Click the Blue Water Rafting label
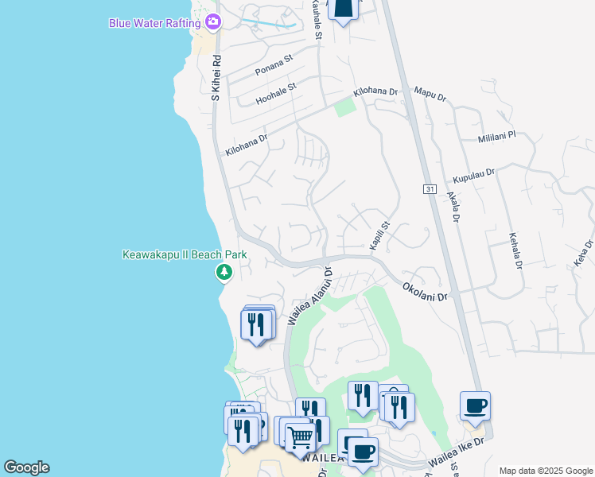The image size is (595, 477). point(154,22)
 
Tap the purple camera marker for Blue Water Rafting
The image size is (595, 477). point(212,21)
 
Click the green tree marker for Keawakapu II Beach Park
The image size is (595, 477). point(224,273)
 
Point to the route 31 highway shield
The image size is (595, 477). point(430,188)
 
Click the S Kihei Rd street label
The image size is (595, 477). point(215,77)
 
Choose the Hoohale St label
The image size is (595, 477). point(276,93)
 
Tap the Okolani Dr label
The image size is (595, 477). point(426,291)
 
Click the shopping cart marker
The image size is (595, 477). point(300,436)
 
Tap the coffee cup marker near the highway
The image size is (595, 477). point(475,406)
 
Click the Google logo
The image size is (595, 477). point(26,467)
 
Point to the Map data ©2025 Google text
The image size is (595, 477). point(545,471)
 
